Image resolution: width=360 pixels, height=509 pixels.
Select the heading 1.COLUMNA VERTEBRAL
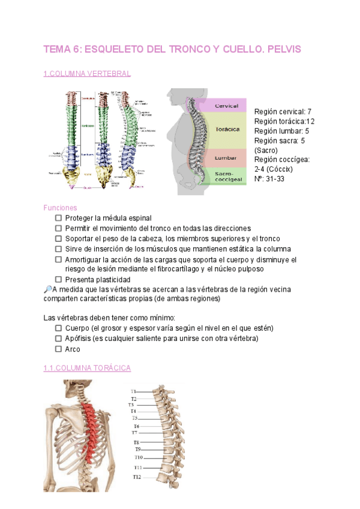click(87, 74)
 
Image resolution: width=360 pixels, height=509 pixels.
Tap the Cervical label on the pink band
click(226, 106)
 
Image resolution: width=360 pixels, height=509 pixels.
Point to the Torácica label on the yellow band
click(227, 129)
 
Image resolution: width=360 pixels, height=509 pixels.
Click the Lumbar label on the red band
click(226, 158)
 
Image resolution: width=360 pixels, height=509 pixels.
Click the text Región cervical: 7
click(283, 112)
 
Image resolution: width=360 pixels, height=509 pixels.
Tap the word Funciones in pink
click(60, 208)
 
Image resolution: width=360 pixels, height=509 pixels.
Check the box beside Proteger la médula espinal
click(58, 218)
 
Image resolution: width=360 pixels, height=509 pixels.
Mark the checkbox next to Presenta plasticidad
click(58, 280)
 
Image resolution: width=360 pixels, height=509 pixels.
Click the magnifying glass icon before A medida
click(48, 289)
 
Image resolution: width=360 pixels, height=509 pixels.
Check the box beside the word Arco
click(58, 349)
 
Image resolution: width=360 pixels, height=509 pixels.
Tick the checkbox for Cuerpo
click(58, 328)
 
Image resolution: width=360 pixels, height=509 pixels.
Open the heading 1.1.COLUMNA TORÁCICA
click(87, 367)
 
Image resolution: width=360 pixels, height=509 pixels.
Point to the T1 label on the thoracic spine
click(134, 391)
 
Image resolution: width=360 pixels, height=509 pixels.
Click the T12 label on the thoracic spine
click(137, 477)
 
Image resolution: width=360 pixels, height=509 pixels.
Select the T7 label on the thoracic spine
click(135, 432)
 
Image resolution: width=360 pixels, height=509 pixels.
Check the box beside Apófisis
click(58, 339)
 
